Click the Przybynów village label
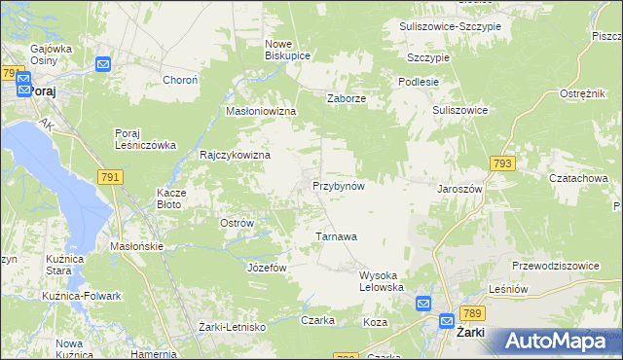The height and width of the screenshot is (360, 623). (x=338, y=186)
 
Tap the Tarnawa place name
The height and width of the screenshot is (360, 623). (x=337, y=236)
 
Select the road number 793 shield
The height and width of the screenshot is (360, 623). (x=502, y=165)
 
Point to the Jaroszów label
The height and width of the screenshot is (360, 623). (x=460, y=189)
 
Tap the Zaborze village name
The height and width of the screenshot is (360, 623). (x=346, y=97)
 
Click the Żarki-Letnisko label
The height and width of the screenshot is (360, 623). (x=232, y=327)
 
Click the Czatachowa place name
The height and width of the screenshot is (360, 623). (x=578, y=179)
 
